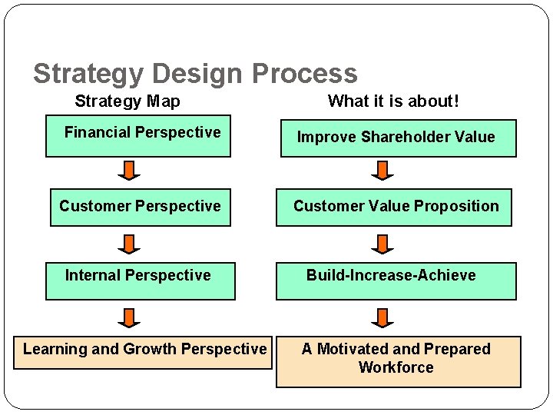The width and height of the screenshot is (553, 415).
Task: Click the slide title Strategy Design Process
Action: point(195,74)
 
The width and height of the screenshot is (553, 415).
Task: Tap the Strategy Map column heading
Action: point(127,101)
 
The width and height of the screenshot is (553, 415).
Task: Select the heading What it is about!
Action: point(393,101)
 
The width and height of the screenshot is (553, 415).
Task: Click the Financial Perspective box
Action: point(138,137)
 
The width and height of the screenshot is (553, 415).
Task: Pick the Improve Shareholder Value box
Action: point(398,138)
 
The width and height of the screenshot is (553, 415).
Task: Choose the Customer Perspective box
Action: point(140,207)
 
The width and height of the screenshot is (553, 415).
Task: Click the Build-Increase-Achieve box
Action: point(396,280)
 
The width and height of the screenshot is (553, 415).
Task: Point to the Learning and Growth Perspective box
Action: point(144,352)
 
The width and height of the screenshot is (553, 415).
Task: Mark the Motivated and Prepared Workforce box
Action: point(398,360)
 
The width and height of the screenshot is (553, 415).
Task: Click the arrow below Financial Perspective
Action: point(129,170)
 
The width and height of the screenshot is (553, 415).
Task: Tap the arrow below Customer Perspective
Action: point(129,244)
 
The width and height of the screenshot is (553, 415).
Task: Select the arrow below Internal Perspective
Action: point(129,317)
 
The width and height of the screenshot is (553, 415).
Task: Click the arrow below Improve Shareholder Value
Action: point(382,170)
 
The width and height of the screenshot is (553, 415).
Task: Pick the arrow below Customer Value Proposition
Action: point(382,244)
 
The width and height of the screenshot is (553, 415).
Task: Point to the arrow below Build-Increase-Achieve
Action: point(382,317)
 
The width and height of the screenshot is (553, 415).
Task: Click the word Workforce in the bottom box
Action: point(396,368)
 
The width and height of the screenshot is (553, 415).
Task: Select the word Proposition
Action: point(456,206)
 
